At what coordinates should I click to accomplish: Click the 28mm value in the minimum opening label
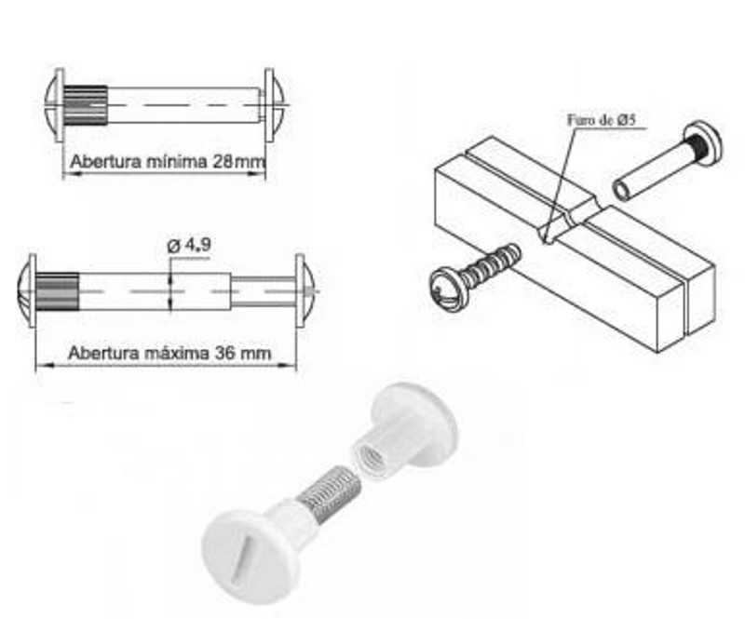[x=239, y=161]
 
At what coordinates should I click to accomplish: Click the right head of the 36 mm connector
[x=305, y=289]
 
